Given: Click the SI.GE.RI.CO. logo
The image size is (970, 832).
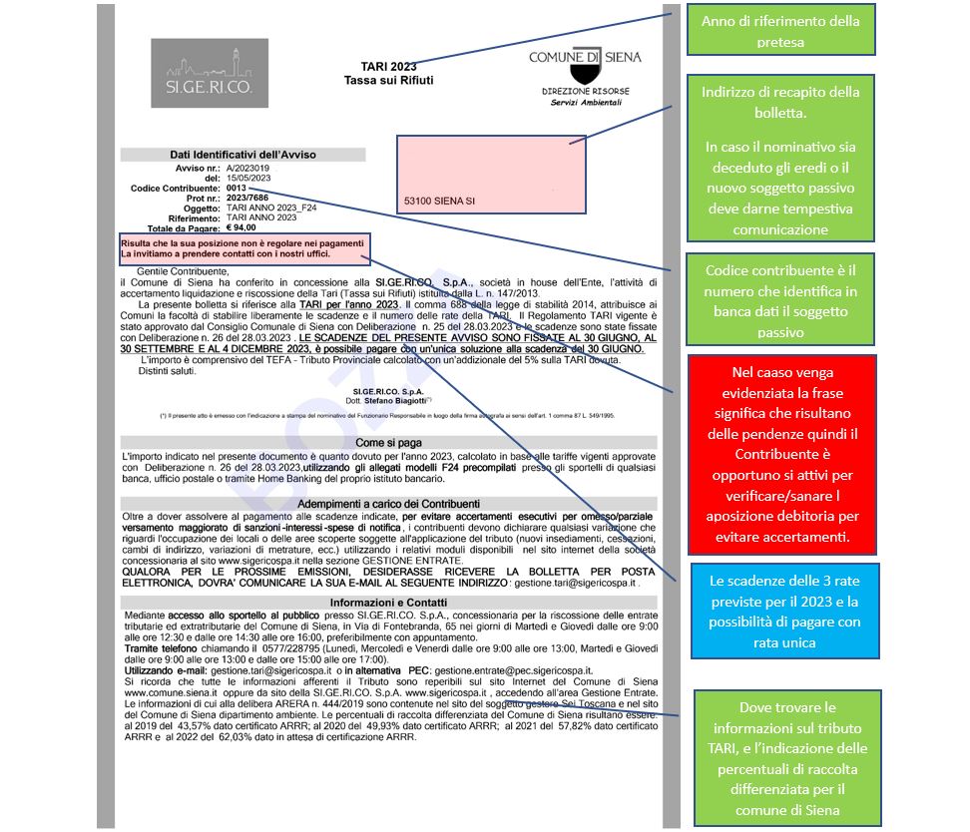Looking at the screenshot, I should [209, 73].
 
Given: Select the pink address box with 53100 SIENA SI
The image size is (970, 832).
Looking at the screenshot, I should [486, 173].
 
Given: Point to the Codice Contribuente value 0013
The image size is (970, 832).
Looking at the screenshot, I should [236, 188].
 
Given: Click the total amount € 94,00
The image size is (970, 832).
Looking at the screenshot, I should [241, 227].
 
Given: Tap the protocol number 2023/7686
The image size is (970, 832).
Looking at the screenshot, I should [247, 198].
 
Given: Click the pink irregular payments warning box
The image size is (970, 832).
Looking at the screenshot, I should [244, 248].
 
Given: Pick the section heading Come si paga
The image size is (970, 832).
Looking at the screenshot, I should [389, 440].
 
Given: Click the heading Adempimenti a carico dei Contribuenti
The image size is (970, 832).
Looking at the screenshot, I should [389, 504].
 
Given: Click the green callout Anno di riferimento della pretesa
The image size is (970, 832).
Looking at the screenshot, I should [780, 29].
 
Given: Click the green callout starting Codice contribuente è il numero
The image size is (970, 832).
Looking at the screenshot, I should [780, 300].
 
